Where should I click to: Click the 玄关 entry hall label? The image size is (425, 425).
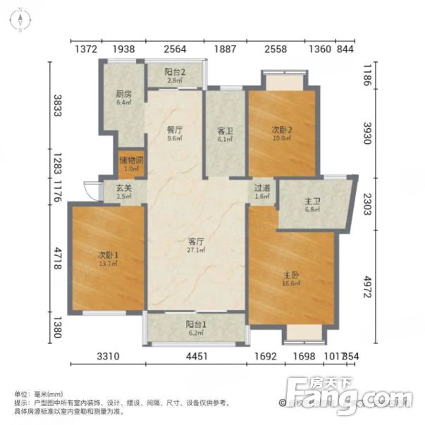click(123, 189)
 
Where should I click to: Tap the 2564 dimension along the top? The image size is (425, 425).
click(175, 49)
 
